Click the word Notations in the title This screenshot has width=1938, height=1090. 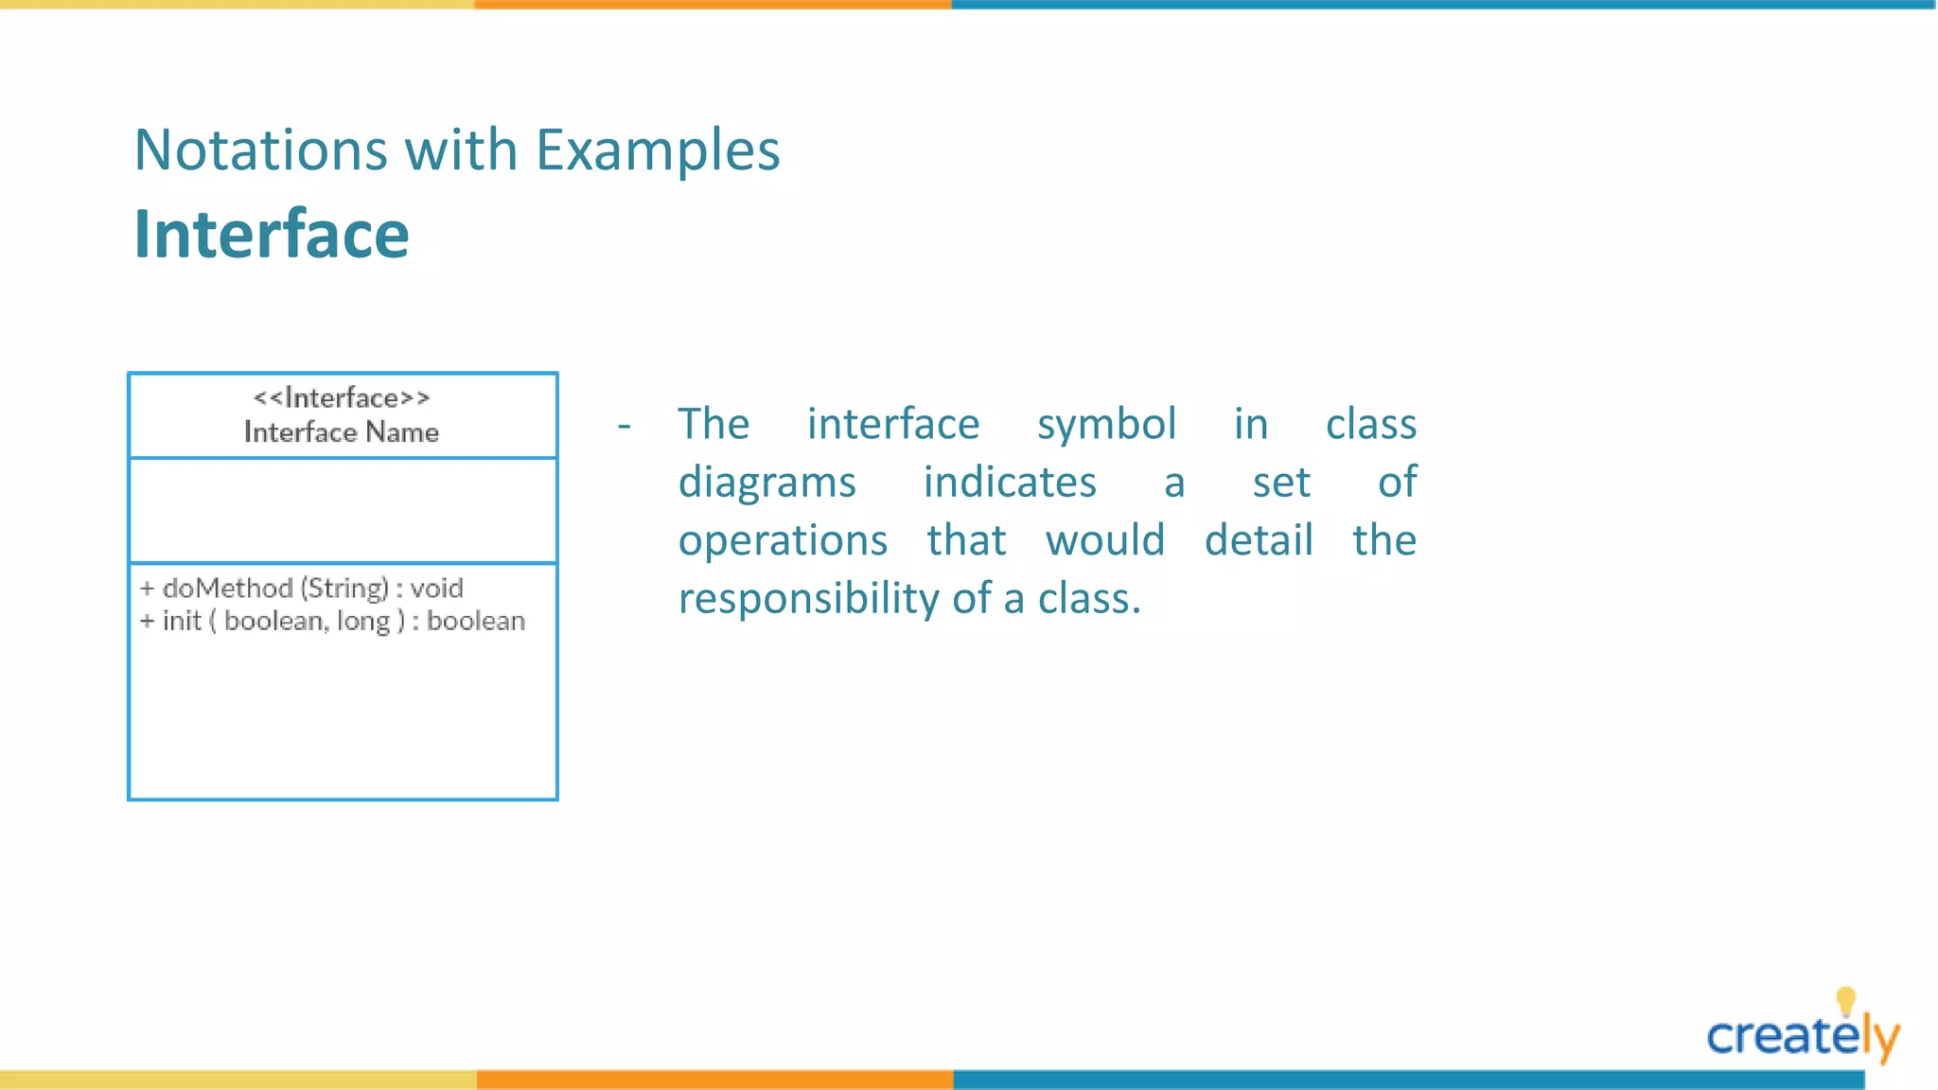coord(260,150)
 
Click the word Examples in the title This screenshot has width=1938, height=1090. coord(657,150)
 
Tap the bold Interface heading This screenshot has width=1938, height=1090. coord(272,234)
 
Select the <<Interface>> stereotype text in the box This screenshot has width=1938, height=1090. coord(342,397)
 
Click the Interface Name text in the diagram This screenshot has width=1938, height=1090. coord(342,432)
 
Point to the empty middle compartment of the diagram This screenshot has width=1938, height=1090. coord(343,511)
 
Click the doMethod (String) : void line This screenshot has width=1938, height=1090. coord(302,589)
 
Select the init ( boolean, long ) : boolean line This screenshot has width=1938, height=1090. coord(332,622)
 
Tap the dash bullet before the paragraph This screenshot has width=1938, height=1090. coord(624,426)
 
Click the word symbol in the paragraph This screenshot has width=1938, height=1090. coord(1106,425)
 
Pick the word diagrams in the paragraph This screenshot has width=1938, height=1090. coord(766,483)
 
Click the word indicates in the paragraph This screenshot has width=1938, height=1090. coord(1010,483)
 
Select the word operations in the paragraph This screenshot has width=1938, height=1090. coord(783,540)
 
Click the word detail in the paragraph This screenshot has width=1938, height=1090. coord(1259,540)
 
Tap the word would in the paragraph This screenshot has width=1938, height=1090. coord(1104,540)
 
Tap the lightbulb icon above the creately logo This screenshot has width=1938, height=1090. coord(1845,1000)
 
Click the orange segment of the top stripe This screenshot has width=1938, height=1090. coord(713,5)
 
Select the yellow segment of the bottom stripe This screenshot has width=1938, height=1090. coord(237,1080)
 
